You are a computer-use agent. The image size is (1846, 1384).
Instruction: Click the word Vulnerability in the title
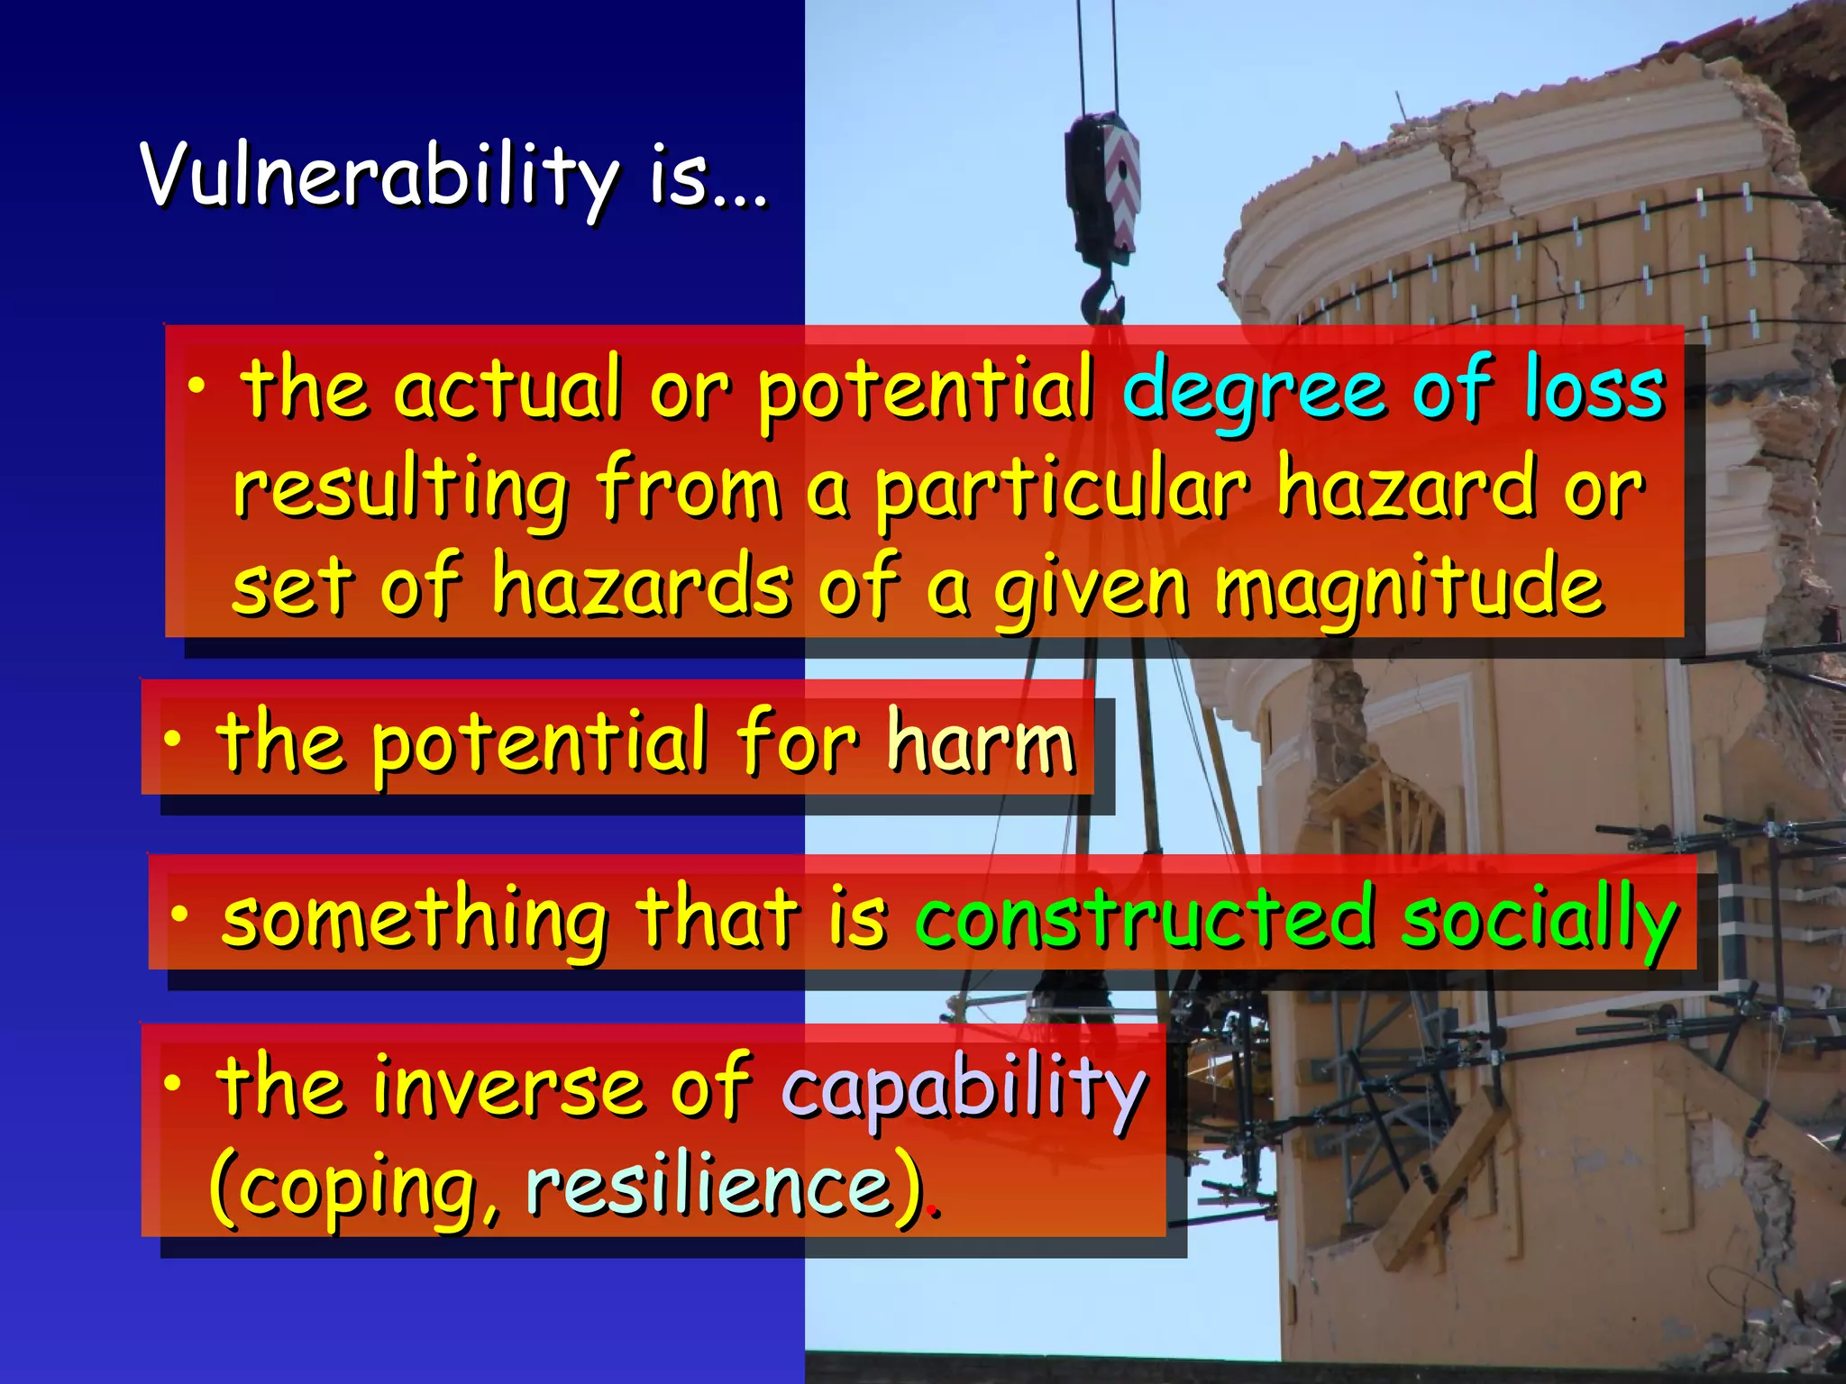coord(379,176)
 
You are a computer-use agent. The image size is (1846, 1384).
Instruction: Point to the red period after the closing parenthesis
coord(937,1214)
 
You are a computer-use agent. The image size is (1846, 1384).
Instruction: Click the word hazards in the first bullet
coord(642,587)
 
